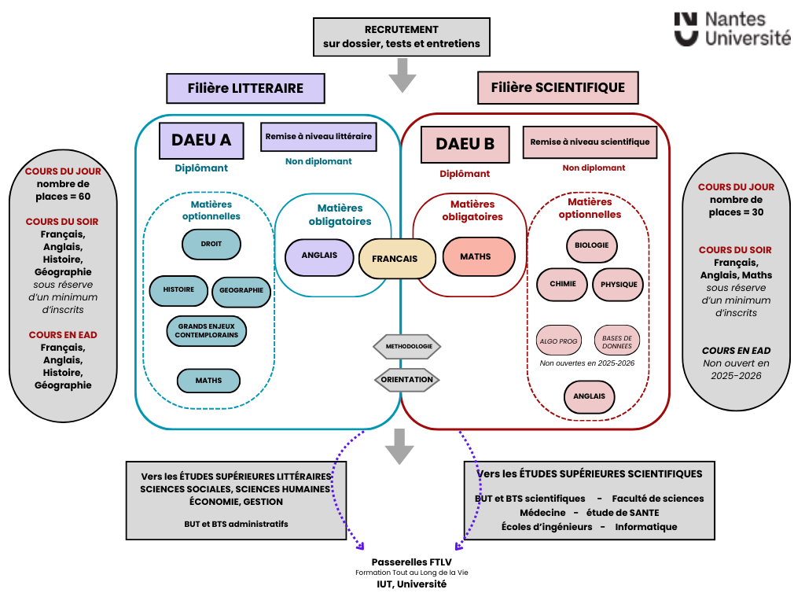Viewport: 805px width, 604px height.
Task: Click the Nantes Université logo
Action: point(732,28)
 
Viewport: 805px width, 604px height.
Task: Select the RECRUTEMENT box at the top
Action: point(401,37)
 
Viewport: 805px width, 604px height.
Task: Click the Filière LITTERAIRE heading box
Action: point(245,88)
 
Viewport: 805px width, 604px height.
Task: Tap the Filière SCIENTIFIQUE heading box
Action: point(557,87)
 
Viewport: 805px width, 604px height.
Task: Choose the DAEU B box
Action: point(465,144)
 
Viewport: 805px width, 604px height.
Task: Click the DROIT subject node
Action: point(211,244)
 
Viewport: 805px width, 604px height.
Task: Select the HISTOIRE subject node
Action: point(178,290)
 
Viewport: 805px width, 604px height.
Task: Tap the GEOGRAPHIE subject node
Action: point(241,291)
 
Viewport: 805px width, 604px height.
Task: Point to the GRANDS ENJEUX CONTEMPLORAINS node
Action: point(207,330)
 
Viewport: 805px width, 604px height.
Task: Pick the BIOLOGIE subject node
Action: point(591,245)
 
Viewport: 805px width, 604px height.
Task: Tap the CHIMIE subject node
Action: point(562,285)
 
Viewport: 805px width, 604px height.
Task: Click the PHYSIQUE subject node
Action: point(618,285)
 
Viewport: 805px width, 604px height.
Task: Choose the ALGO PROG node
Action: point(559,341)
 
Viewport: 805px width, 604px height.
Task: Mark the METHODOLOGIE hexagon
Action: point(406,346)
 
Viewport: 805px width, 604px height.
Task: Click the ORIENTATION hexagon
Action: point(406,379)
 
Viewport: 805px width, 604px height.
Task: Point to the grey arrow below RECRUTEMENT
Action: point(402,76)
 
